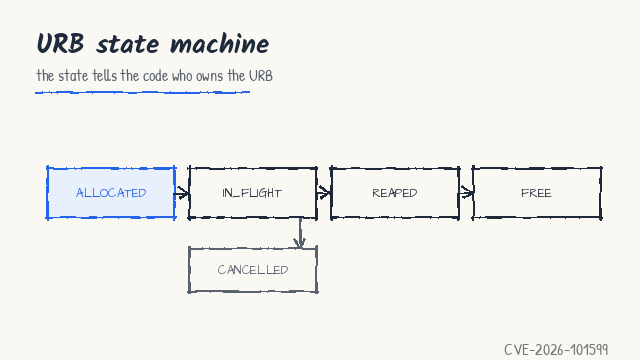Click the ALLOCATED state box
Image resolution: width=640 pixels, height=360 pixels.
tap(111, 193)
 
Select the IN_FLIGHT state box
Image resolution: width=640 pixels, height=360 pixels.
tap(253, 193)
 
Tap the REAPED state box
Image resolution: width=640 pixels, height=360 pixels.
tap(395, 193)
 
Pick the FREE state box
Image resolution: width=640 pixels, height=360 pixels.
tap(537, 193)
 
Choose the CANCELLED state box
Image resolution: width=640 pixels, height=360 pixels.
tap(253, 269)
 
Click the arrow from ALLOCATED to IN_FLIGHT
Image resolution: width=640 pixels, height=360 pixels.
tap(182, 193)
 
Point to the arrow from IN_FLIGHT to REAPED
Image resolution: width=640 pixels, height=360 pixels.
tap(324, 193)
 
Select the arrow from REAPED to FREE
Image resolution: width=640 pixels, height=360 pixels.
tap(466, 192)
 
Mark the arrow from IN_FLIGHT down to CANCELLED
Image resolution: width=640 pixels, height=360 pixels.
tap(300, 233)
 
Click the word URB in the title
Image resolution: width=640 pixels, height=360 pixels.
tap(60, 44)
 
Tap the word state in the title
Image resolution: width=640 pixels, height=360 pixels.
tap(127, 44)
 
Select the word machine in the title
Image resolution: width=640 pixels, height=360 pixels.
tap(220, 44)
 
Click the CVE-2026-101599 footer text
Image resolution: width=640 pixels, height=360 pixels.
tap(556, 350)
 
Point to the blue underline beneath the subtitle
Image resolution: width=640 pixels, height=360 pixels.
tap(142, 93)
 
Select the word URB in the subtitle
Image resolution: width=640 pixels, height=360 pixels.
tap(261, 76)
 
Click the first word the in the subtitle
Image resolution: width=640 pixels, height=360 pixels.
tap(45, 76)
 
